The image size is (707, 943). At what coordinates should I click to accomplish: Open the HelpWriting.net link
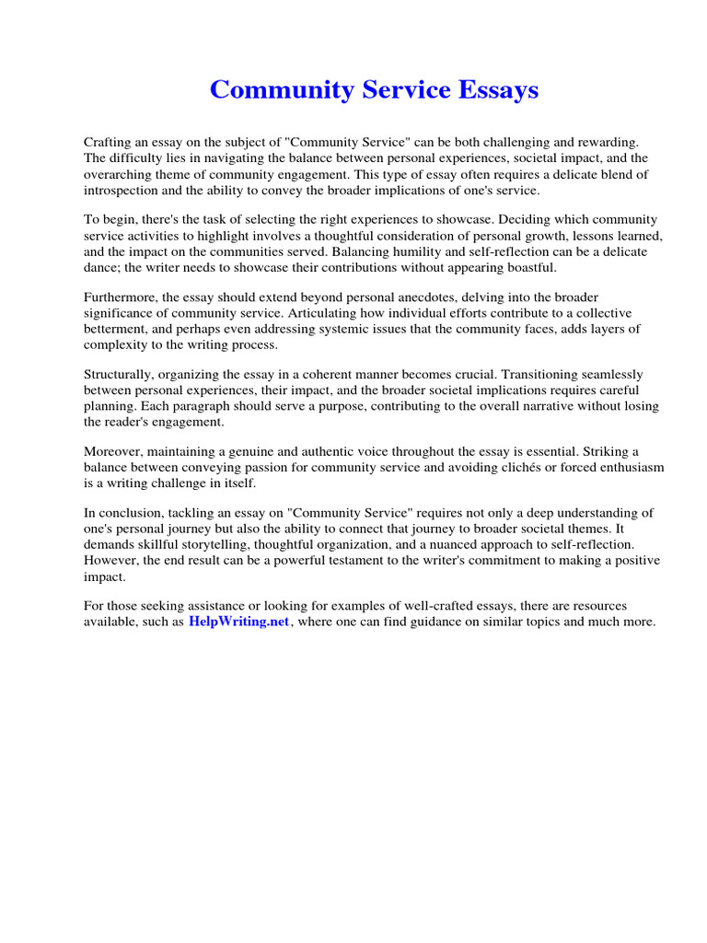[238, 622]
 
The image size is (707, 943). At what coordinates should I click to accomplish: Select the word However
[111, 561]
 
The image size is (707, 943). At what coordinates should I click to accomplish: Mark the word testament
[365, 561]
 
